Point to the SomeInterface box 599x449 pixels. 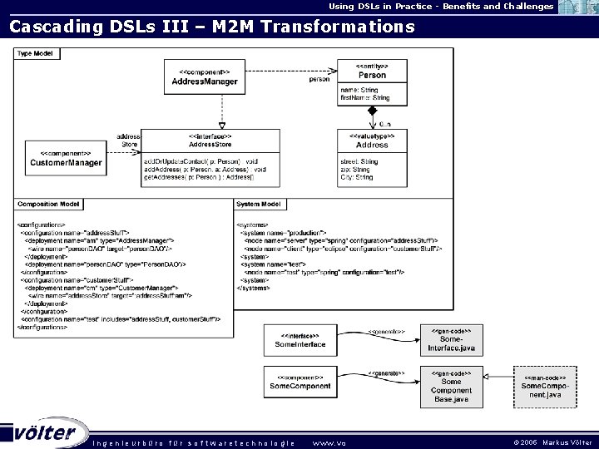[299, 339]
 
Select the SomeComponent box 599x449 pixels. [299, 381]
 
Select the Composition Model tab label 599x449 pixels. [49, 204]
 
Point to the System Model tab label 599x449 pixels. [259, 204]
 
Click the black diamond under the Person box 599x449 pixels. [373, 110]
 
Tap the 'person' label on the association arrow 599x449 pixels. [319, 80]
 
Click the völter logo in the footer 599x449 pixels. [48, 433]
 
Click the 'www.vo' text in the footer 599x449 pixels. [328, 442]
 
